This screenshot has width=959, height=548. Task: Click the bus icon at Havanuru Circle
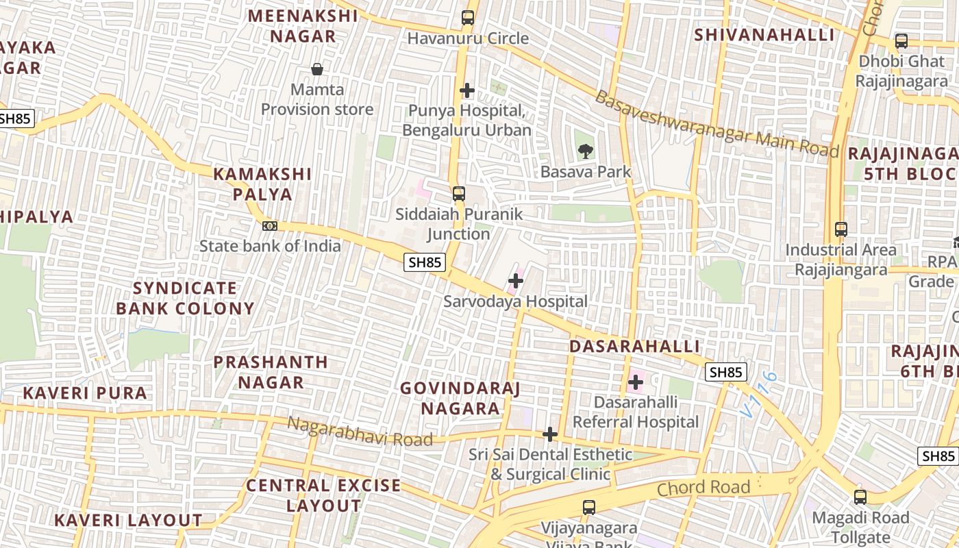tap(468, 18)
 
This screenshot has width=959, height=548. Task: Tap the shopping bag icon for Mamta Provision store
tap(317, 69)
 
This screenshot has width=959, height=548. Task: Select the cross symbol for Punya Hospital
tap(467, 90)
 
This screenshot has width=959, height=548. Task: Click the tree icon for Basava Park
tap(585, 151)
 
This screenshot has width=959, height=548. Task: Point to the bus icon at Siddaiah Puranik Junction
tap(459, 194)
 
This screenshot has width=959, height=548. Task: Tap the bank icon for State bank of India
tap(270, 225)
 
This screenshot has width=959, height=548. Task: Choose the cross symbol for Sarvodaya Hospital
tap(516, 281)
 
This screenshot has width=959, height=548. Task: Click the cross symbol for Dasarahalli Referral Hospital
tap(636, 382)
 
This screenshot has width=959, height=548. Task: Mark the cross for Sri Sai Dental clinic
tap(549, 434)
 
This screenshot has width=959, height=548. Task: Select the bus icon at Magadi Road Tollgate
tap(860, 497)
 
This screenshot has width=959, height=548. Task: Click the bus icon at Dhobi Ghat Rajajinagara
tap(901, 41)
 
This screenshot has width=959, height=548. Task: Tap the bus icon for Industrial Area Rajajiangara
tap(841, 230)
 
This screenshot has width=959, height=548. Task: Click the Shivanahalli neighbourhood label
tap(764, 35)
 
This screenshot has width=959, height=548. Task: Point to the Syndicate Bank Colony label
tap(185, 298)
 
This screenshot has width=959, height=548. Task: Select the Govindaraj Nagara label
tap(460, 399)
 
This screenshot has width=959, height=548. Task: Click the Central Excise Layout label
tap(323, 495)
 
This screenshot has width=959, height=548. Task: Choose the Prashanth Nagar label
tap(271, 372)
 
